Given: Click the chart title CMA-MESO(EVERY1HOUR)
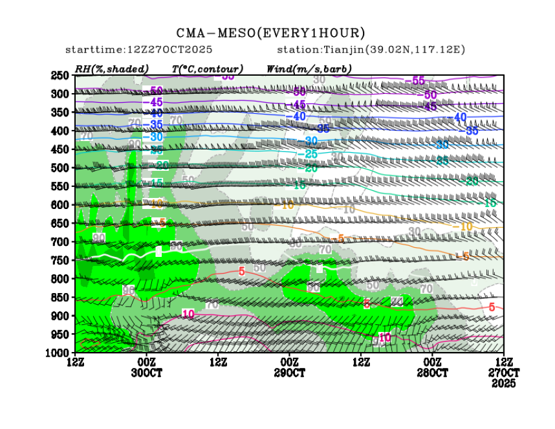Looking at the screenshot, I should click(271, 33).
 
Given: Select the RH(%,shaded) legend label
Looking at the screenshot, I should click(112, 69).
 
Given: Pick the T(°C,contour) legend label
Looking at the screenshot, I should click(207, 69).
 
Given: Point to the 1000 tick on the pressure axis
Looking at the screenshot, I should click(58, 353).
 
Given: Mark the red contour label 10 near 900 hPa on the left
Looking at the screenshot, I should click(188, 314).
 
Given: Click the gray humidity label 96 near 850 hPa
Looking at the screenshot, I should click(128, 291).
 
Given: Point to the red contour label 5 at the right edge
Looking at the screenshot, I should click(492, 307).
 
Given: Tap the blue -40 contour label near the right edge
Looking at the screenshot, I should click(460, 117).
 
